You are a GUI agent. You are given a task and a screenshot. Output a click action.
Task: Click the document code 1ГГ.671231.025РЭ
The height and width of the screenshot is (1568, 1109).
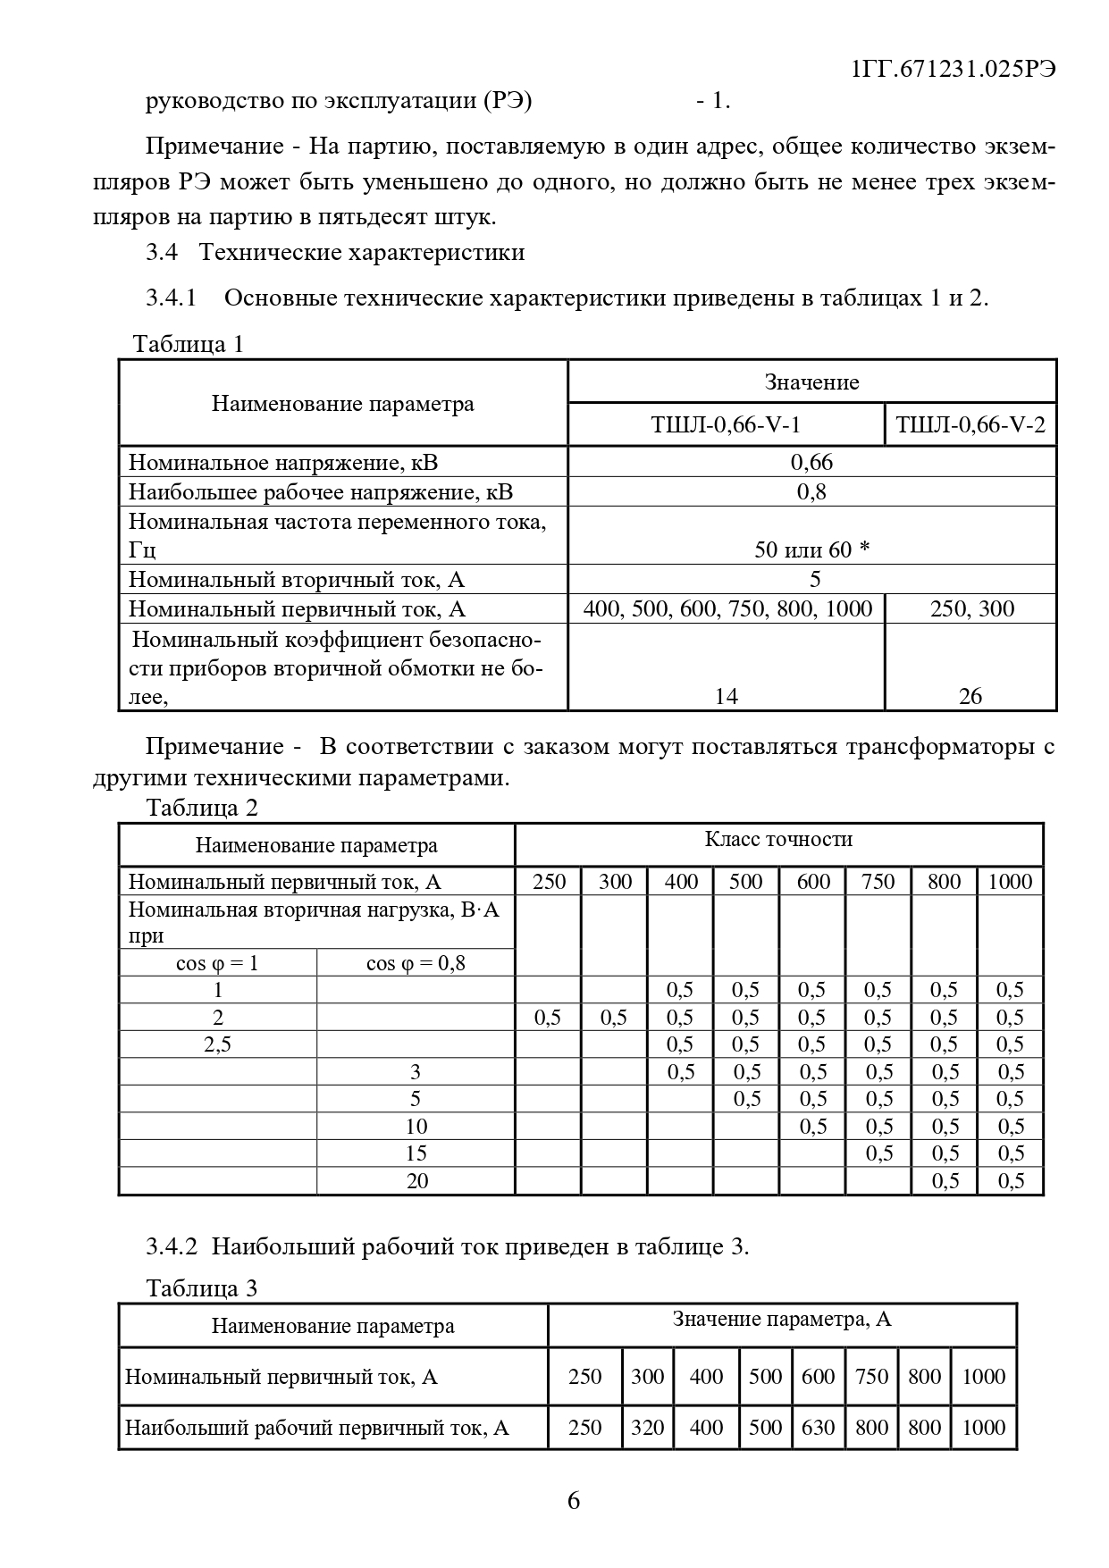[954, 70]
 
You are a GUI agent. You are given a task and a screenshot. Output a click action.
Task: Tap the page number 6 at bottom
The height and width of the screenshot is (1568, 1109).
[574, 1500]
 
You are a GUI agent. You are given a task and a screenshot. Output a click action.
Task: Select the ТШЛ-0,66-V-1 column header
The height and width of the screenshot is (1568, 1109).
[726, 424]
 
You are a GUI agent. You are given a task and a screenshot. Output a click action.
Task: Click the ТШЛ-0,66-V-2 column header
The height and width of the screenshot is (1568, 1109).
[970, 424]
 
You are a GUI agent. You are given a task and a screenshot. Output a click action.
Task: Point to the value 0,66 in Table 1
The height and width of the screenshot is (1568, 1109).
[811, 462]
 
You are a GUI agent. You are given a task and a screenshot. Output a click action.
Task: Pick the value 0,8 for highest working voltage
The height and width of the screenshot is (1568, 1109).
[811, 491]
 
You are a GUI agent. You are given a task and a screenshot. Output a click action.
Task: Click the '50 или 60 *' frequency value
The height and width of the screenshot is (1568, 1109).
[811, 549]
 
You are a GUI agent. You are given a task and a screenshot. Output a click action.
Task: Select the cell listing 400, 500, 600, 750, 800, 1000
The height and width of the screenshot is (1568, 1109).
[727, 609]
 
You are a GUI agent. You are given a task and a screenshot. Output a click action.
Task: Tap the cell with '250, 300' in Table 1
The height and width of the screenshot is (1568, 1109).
[971, 609]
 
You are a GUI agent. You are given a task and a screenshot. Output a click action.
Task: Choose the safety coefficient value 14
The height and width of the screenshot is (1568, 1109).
[727, 696]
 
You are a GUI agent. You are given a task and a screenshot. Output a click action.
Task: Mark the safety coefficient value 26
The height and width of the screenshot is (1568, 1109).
[970, 696]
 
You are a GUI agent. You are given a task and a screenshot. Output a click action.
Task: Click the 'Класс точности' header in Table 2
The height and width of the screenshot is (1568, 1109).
[778, 839]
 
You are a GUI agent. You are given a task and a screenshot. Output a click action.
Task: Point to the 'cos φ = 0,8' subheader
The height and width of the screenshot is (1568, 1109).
[416, 963]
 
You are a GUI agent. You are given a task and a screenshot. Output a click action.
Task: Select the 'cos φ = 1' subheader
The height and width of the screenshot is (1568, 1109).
[217, 963]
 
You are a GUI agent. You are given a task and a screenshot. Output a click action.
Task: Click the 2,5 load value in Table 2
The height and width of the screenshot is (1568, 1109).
[217, 1044]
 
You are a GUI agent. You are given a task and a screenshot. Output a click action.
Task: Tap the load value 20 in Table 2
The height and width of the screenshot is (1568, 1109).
[417, 1181]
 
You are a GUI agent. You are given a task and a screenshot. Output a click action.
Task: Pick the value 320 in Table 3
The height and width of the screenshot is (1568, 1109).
[648, 1428]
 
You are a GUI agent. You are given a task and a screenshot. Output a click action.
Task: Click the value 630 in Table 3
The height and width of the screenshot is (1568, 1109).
[818, 1428]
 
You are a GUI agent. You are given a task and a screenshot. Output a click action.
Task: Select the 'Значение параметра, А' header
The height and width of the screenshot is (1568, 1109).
[782, 1320]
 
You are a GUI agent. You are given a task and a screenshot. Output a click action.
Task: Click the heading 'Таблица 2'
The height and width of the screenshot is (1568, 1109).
[202, 808]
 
